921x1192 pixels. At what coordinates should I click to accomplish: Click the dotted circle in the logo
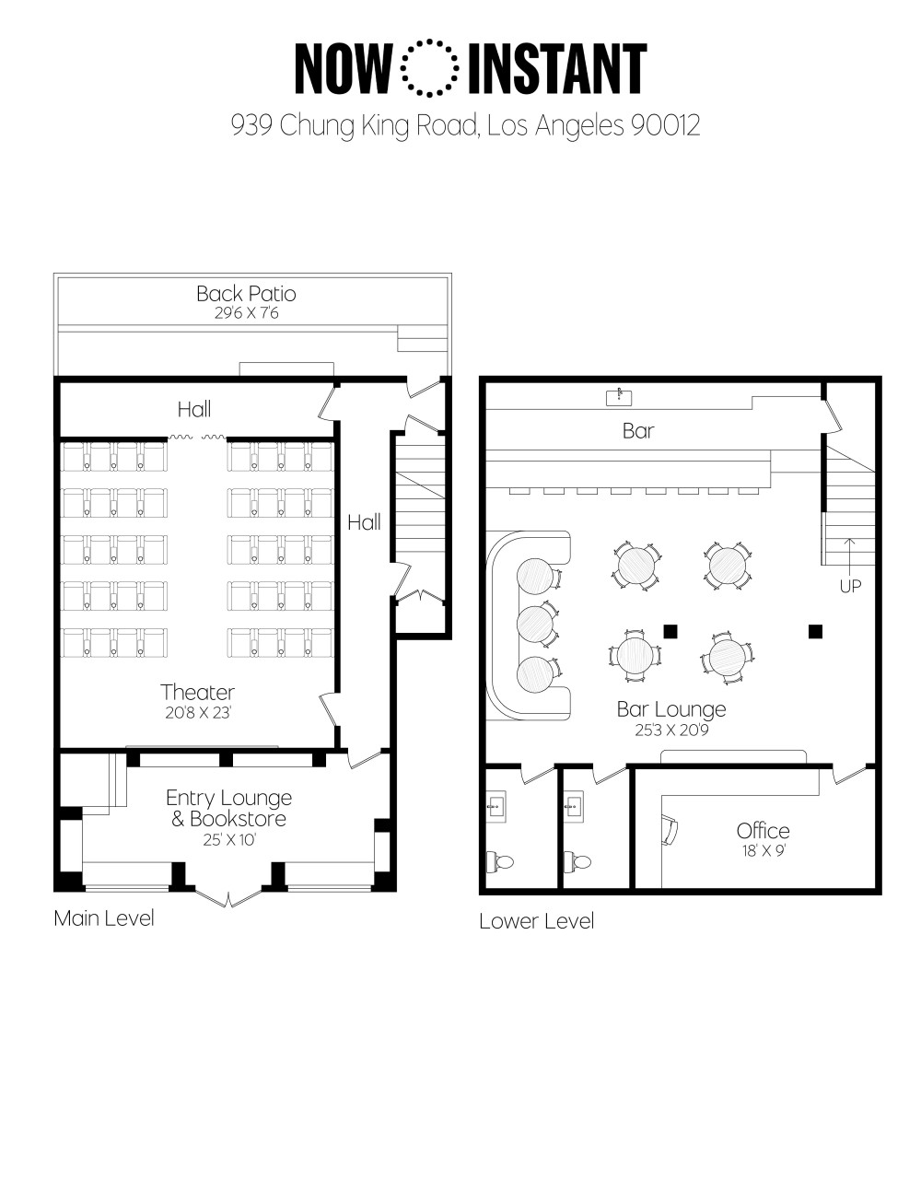click(x=429, y=41)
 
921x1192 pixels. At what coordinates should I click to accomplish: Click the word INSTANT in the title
click(x=557, y=68)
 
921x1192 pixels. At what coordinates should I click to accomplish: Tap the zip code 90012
click(x=665, y=125)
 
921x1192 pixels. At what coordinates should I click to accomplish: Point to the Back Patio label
click(x=246, y=294)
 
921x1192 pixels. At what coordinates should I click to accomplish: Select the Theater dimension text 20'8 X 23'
click(x=198, y=713)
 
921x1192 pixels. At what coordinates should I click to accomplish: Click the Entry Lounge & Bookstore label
click(x=228, y=808)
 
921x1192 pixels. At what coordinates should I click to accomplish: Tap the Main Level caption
click(x=104, y=918)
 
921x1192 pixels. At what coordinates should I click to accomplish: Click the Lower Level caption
click(x=537, y=921)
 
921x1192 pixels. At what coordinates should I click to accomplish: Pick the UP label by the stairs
click(x=850, y=587)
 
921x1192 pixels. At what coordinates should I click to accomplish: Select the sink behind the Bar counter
click(x=619, y=397)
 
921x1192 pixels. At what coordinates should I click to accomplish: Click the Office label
click(x=764, y=831)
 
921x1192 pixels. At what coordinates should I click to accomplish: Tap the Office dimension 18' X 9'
click(x=764, y=851)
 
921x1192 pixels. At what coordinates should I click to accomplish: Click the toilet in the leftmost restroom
click(x=500, y=861)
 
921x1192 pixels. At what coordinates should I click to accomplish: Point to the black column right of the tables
click(x=815, y=631)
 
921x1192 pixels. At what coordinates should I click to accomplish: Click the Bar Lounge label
click(x=671, y=709)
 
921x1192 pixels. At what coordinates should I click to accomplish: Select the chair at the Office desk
click(x=670, y=829)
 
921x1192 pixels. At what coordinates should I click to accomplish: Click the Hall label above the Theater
click(x=194, y=409)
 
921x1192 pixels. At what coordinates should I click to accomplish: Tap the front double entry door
click(x=228, y=897)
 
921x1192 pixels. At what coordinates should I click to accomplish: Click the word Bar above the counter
click(x=638, y=431)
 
